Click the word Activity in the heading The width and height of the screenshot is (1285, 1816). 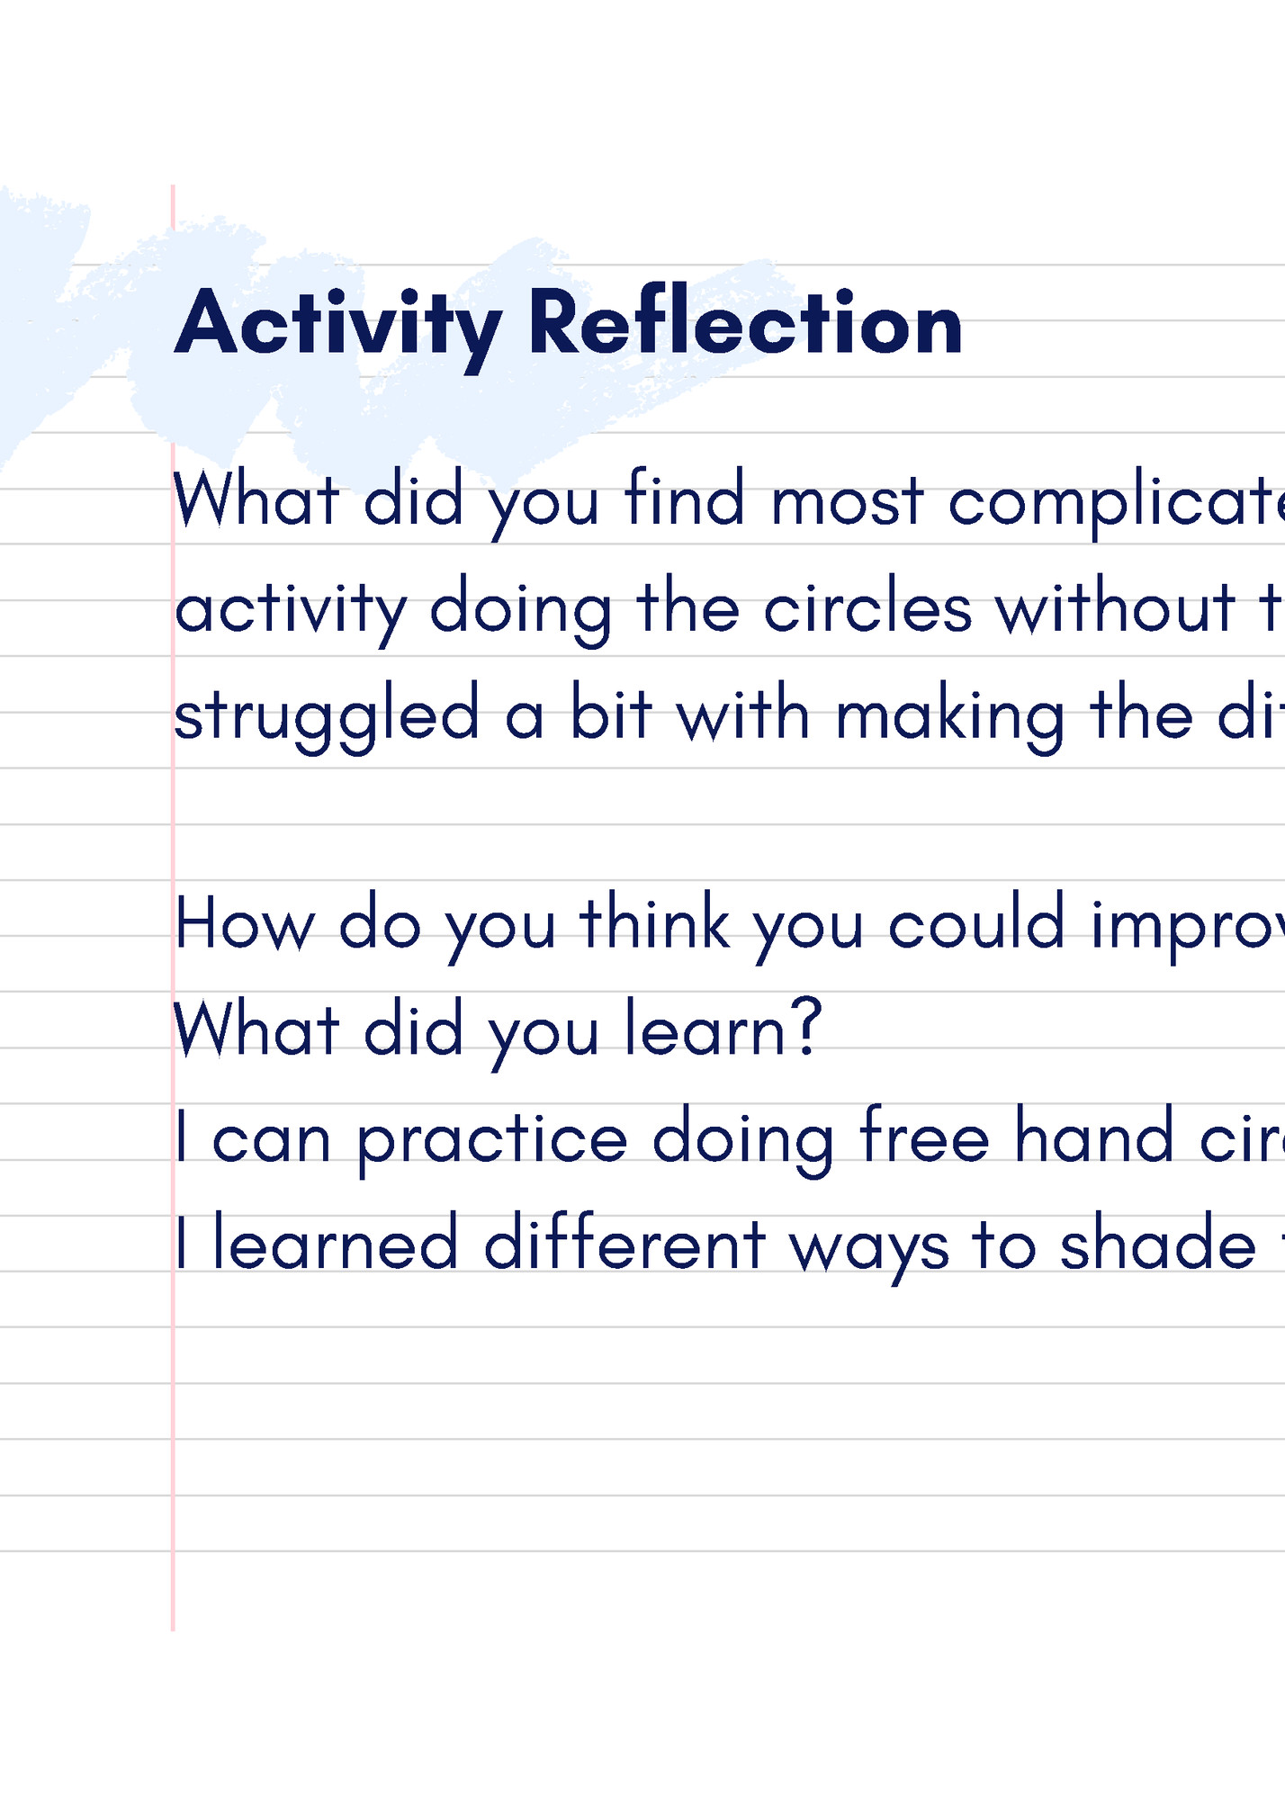pyautogui.click(x=337, y=324)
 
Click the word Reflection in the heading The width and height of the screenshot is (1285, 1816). pyautogui.click(x=745, y=324)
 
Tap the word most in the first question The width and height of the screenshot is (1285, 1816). pyautogui.click(x=847, y=501)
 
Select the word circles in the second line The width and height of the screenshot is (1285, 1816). pyautogui.click(x=867, y=609)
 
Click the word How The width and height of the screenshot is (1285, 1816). pyautogui.click(x=244, y=925)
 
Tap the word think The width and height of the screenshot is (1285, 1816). pyautogui.click(x=654, y=925)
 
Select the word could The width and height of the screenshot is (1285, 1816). pyautogui.click(x=976, y=925)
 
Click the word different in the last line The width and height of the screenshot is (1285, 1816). pyautogui.click(x=625, y=1245)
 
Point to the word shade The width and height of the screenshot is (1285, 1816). pyautogui.click(x=1157, y=1245)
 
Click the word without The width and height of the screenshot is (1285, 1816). pyautogui.click(x=1115, y=609)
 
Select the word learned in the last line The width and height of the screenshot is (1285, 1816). pyautogui.click(x=335, y=1245)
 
